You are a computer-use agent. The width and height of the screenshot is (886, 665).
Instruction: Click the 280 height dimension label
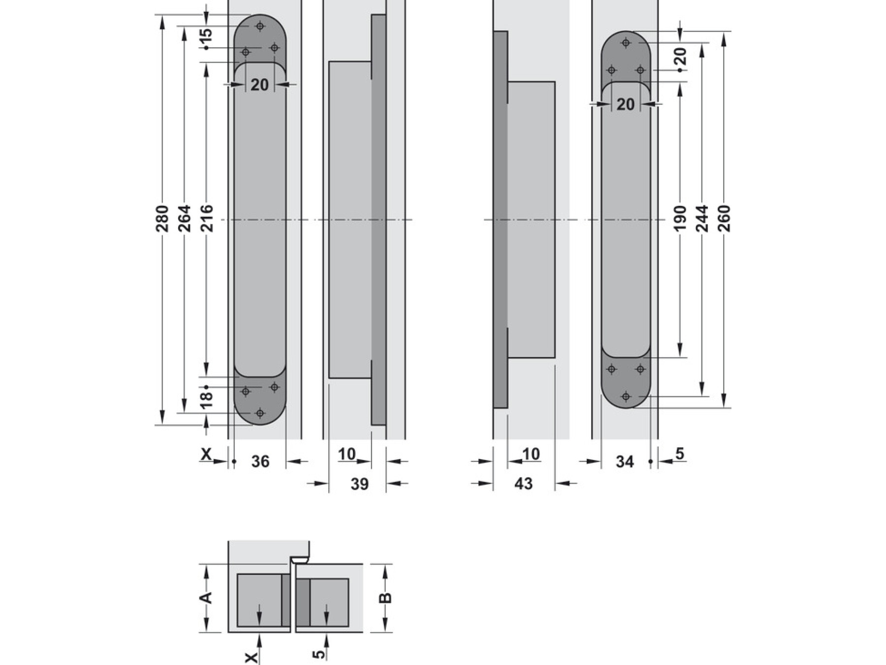click(162, 219)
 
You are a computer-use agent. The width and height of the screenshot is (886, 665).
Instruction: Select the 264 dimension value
click(184, 219)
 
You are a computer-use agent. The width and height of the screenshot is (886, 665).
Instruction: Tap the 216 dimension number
click(206, 219)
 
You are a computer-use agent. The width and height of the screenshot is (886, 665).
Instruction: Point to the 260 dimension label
click(724, 219)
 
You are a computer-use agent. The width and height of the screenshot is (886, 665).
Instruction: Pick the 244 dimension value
click(702, 219)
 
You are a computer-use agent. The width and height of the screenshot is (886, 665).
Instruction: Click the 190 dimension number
click(680, 219)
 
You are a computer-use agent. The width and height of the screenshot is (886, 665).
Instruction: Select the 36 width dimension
click(260, 462)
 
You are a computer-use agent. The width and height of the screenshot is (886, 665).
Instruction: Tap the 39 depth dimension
click(360, 484)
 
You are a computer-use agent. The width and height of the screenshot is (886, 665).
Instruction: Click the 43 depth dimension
click(523, 484)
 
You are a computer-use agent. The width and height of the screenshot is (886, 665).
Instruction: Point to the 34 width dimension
click(625, 462)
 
